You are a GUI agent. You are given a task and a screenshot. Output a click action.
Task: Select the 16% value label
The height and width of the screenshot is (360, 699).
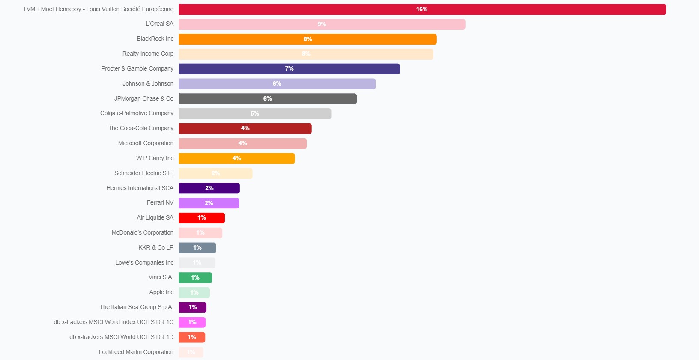(422, 9)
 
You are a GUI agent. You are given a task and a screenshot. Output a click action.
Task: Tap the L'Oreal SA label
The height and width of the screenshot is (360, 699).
(160, 24)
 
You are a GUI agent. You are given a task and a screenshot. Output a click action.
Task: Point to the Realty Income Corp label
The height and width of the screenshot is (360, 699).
(148, 54)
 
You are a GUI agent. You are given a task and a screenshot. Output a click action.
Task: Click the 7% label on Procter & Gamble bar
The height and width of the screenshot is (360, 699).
(290, 69)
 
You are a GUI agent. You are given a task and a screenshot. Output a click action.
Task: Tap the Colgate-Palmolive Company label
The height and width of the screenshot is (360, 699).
(137, 113)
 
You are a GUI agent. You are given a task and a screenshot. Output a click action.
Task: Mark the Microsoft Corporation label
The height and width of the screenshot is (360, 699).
(146, 143)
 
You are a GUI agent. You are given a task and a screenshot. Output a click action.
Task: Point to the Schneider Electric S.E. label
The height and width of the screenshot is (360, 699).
(144, 173)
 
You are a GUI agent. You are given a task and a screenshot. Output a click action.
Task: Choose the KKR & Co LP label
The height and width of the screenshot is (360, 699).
(156, 248)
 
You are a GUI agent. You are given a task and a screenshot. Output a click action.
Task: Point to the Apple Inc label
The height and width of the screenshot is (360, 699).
(161, 292)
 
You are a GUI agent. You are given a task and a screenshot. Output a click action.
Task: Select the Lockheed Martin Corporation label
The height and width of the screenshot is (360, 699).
(136, 352)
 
